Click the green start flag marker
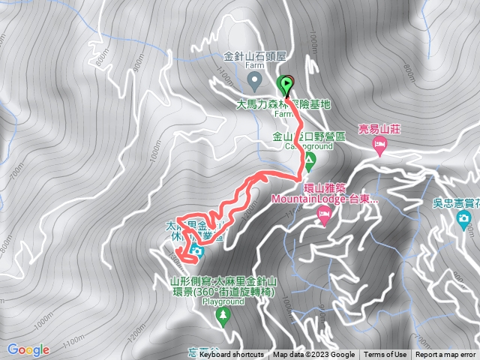[285, 83]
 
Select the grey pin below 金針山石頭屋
[253, 78]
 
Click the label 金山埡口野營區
[308, 137]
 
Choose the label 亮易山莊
[380, 129]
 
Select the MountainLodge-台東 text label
[325, 199]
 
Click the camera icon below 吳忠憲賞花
[463, 220]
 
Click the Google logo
[28, 349]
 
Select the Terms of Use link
[385, 355]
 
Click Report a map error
[446, 355]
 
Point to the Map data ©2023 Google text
[313, 355]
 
